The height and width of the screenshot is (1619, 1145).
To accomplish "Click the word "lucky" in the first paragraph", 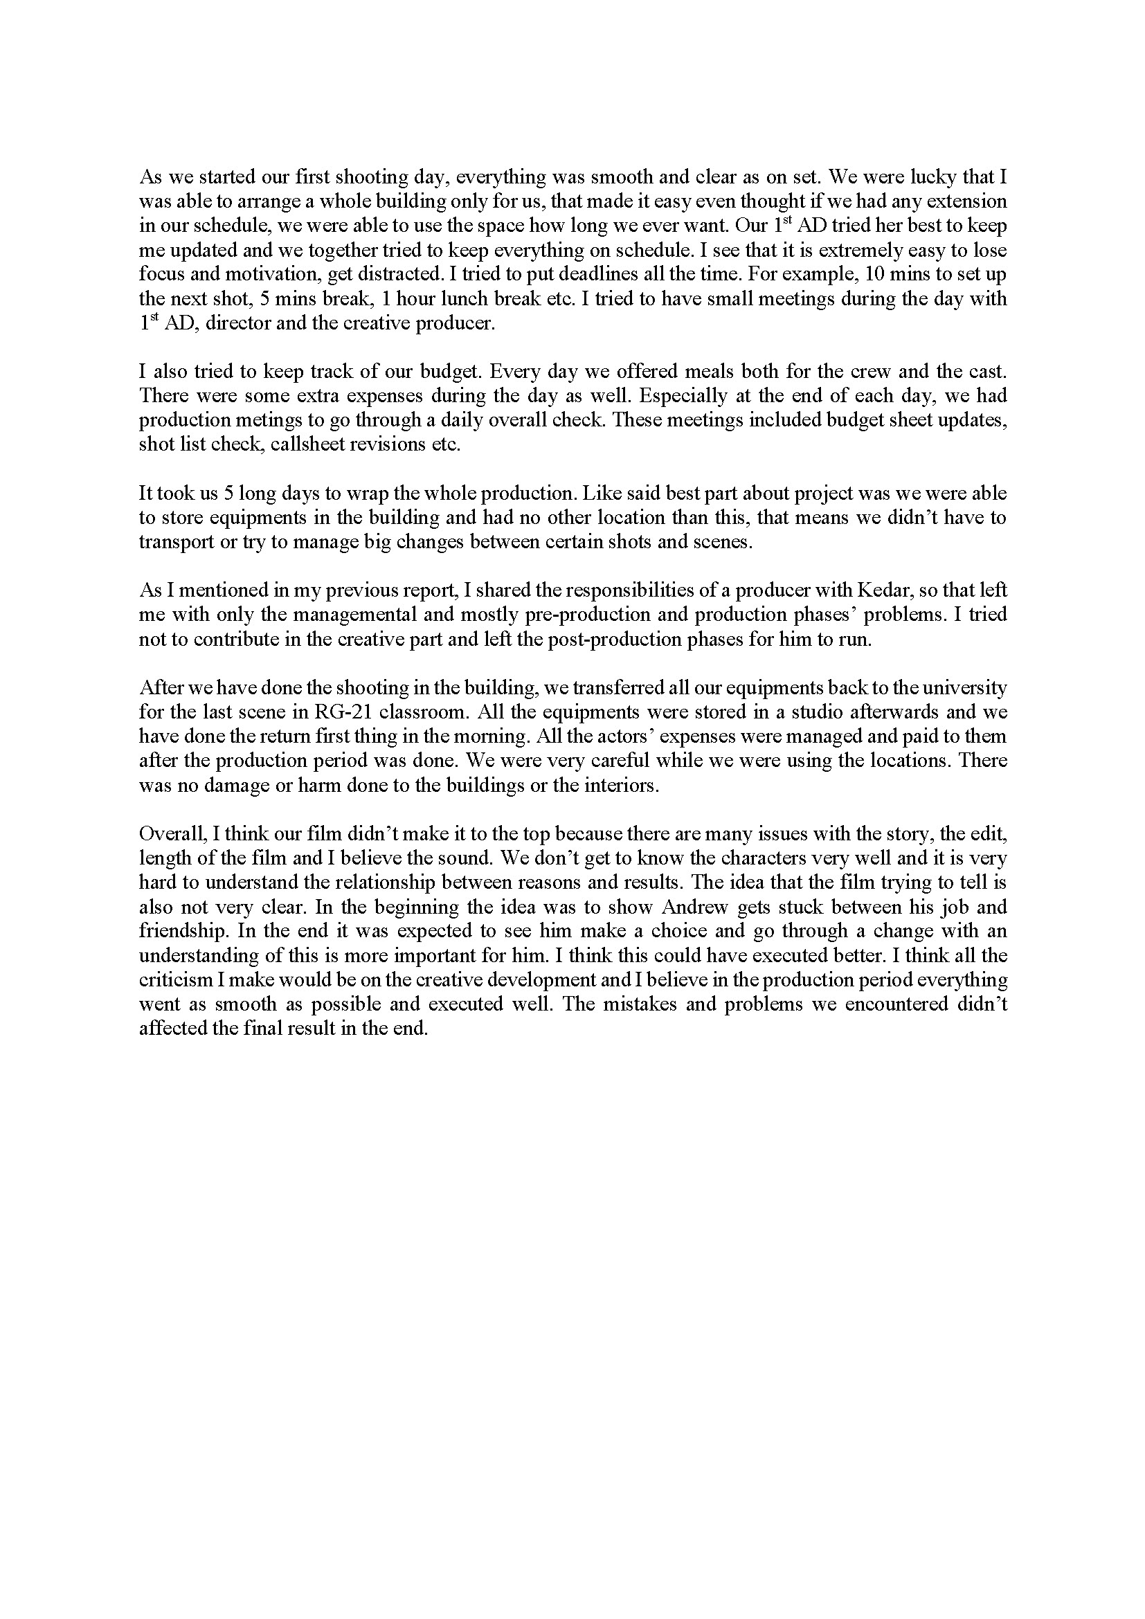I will tap(935, 177).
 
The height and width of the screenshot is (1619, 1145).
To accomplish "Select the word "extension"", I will tap(966, 201).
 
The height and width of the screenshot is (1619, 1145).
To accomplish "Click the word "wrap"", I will tap(382, 493).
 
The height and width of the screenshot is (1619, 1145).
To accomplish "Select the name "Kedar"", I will tap(840, 590).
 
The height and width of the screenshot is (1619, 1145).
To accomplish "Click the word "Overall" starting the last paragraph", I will tap(172, 833).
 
